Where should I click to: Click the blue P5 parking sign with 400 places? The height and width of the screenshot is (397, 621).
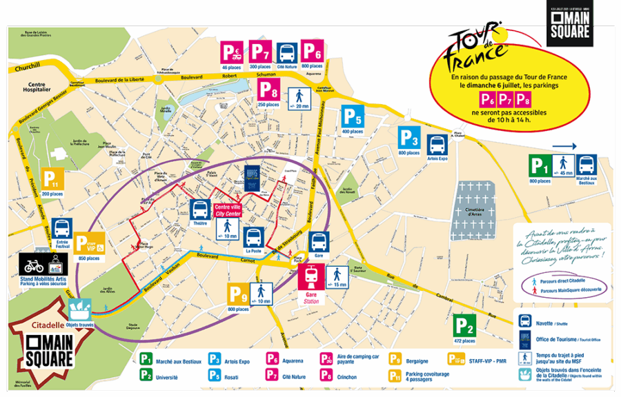[x=352, y=116]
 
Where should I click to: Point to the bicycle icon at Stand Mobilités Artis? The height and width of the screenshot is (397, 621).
[x=33, y=264]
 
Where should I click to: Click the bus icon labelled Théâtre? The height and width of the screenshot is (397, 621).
[x=200, y=210]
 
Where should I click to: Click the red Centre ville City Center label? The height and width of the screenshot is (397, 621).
[x=226, y=210]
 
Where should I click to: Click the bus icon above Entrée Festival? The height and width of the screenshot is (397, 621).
[x=61, y=228]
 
